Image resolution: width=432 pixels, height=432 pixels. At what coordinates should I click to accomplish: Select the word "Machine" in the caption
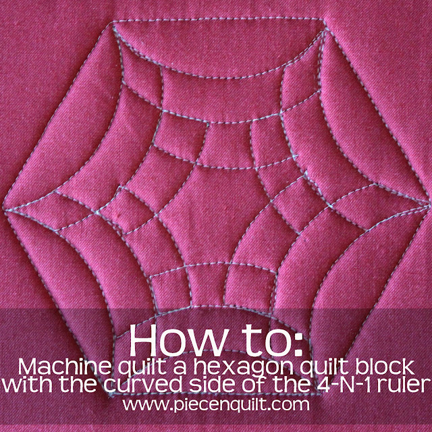pos(65,367)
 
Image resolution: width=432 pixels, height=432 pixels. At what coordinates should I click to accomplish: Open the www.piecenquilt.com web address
pos(216,405)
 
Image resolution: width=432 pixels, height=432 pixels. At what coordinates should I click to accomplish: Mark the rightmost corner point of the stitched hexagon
pos(429,204)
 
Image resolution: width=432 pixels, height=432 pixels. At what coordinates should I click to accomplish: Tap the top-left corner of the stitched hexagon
pos(113,26)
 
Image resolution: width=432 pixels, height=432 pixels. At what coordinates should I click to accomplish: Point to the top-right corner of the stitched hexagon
pos(324,20)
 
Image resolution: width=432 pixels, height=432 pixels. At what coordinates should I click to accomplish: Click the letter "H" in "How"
pos(142,340)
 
